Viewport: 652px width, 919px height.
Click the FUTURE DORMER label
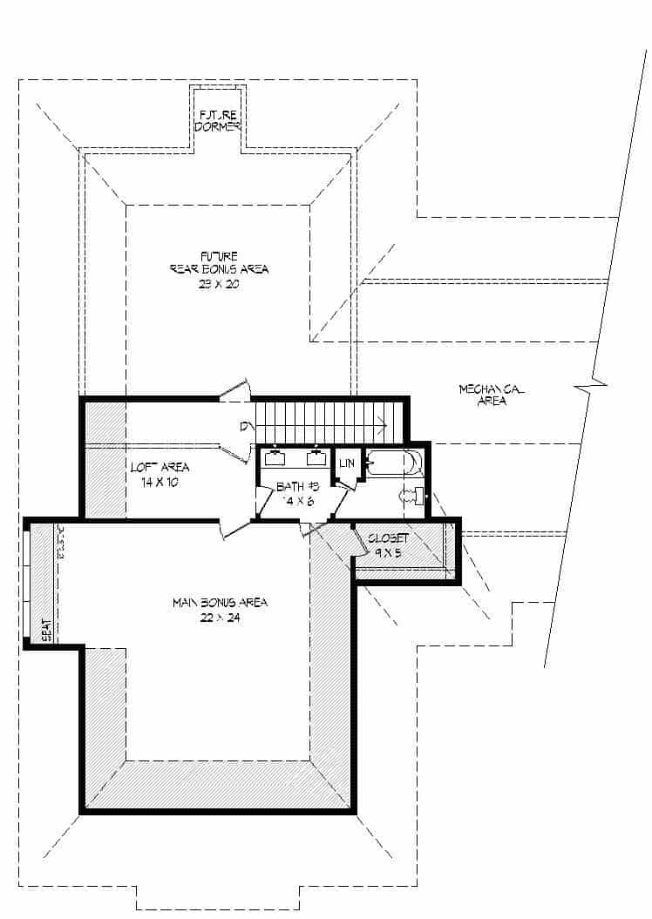pos(219,120)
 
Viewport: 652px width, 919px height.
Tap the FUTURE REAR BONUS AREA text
pos(219,262)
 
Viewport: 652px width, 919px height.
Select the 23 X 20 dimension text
pos(219,284)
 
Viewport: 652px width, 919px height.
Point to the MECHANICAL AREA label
pos(491,395)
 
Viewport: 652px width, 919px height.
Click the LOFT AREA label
pos(160,468)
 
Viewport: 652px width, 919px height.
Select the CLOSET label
pos(388,538)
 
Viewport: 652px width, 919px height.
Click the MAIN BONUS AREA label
pos(219,603)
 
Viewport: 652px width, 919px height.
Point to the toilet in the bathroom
pos(411,497)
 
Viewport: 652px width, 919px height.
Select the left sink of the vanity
pos(275,459)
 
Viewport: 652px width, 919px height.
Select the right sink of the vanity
pos(316,459)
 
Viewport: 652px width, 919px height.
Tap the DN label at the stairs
pos(247,426)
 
